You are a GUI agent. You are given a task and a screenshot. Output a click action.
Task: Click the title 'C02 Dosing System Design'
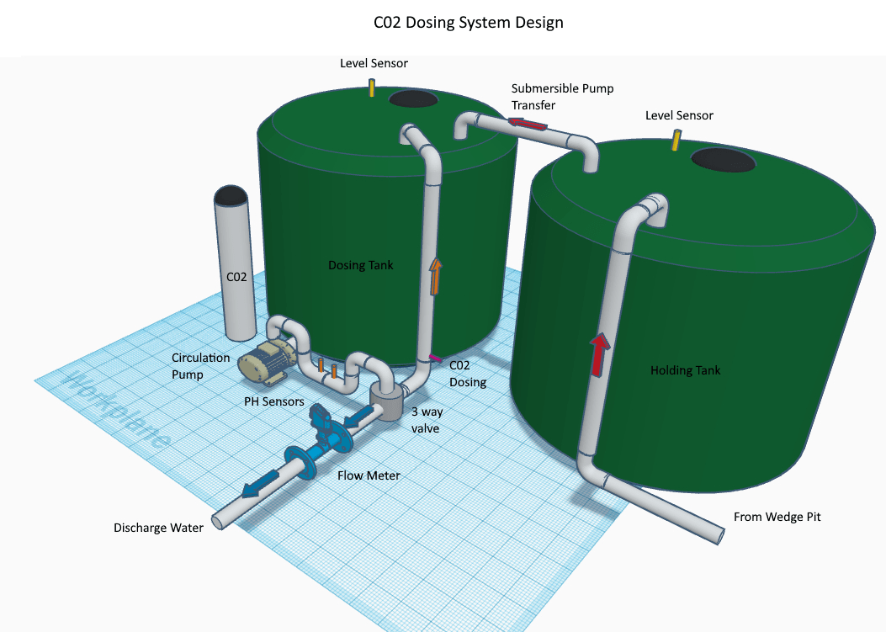coord(468,23)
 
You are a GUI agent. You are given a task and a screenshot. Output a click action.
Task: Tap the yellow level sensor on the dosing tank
coord(372,88)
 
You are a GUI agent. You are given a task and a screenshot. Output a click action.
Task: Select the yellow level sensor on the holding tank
coord(675,141)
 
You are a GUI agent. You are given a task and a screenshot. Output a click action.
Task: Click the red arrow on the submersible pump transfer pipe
coord(527,125)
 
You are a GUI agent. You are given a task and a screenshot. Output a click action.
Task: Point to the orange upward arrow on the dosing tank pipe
coord(435,277)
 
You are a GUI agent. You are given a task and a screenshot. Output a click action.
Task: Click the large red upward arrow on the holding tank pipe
coord(598,353)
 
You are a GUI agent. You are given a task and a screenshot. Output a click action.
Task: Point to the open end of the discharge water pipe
coord(217,522)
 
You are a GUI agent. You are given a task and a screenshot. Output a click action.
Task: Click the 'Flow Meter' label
coord(369,475)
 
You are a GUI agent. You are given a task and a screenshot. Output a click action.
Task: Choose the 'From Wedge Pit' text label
coord(777,517)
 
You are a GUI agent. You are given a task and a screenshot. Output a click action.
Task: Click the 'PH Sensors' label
coord(274,401)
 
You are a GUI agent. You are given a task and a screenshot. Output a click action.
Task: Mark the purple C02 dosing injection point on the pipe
coord(435,359)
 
